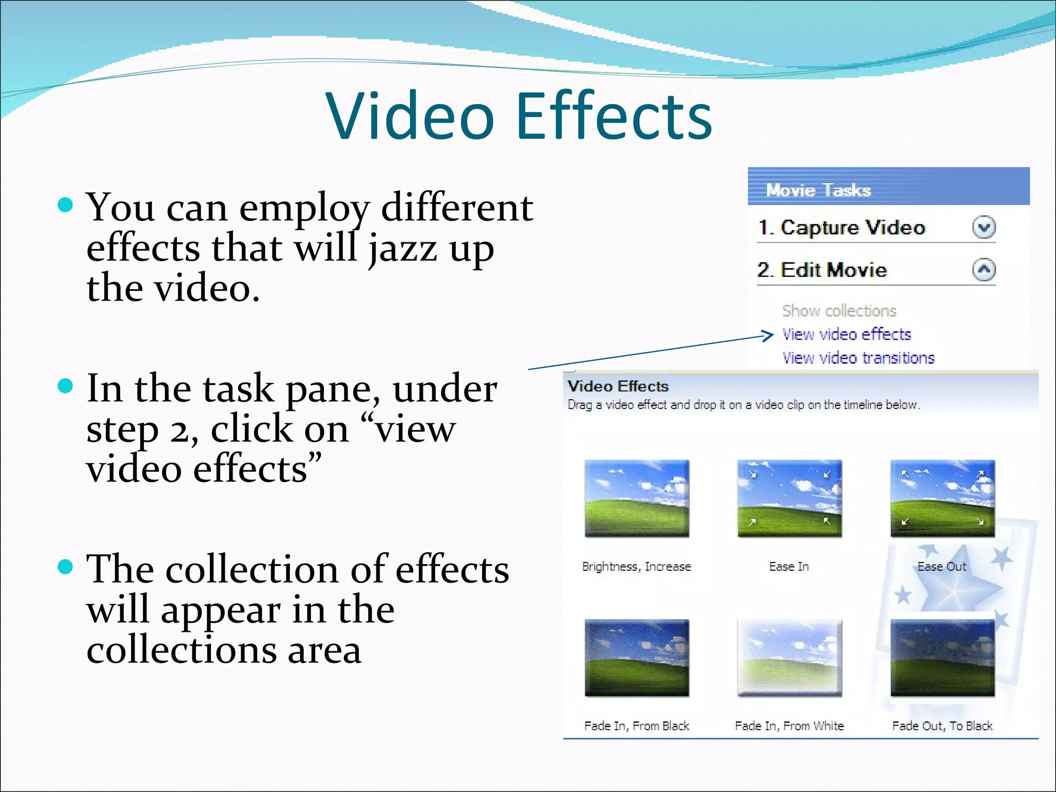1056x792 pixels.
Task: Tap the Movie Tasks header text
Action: [x=818, y=190]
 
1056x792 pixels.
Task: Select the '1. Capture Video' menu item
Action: [x=841, y=227]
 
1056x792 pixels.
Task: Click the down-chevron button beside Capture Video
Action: [x=984, y=227]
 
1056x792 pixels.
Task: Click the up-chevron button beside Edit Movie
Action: [x=984, y=270]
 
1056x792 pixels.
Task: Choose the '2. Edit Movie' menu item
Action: [x=822, y=270]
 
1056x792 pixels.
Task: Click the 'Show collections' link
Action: [x=839, y=311]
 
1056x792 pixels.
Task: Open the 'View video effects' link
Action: [x=846, y=335]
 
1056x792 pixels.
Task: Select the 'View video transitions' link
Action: [x=858, y=358]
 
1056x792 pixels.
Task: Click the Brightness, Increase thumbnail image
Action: [x=637, y=499]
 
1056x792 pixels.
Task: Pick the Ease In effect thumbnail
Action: [x=789, y=499]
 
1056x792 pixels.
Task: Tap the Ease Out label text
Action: [x=942, y=567]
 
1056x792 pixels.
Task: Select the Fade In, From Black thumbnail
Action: [x=637, y=658]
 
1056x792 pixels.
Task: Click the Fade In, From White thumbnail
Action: [x=789, y=658]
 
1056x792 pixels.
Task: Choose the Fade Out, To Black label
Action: [x=942, y=726]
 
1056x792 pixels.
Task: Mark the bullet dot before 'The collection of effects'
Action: [x=65, y=567]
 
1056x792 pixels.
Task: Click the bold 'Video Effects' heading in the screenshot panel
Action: [x=618, y=386]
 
